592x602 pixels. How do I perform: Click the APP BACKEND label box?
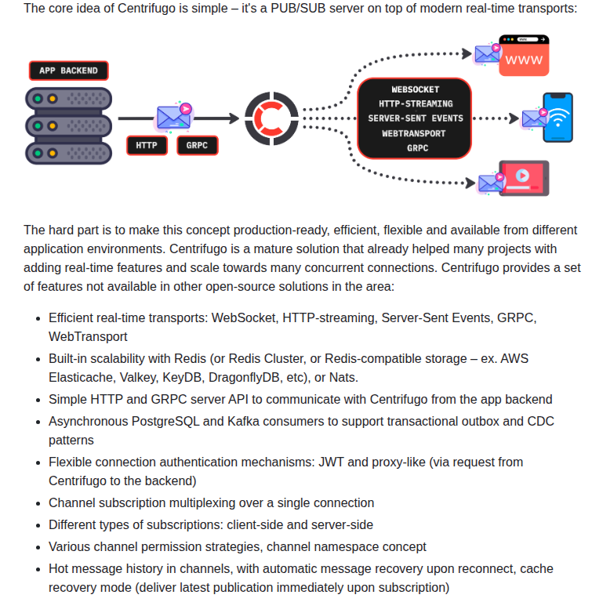coord(68,71)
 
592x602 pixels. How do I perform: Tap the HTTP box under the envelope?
coord(147,145)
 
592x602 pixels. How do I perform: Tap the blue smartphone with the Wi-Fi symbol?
coord(557,118)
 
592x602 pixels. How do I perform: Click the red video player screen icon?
coord(524,178)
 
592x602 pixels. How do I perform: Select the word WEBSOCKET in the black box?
coord(416,89)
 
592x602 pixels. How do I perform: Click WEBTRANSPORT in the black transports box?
coord(414,133)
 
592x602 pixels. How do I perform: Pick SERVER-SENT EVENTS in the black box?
coord(416,118)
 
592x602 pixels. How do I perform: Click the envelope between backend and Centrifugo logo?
coord(174,117)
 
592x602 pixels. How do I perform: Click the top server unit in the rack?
coord(68,100)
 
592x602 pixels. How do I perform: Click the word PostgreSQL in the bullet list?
coord(190,421)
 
